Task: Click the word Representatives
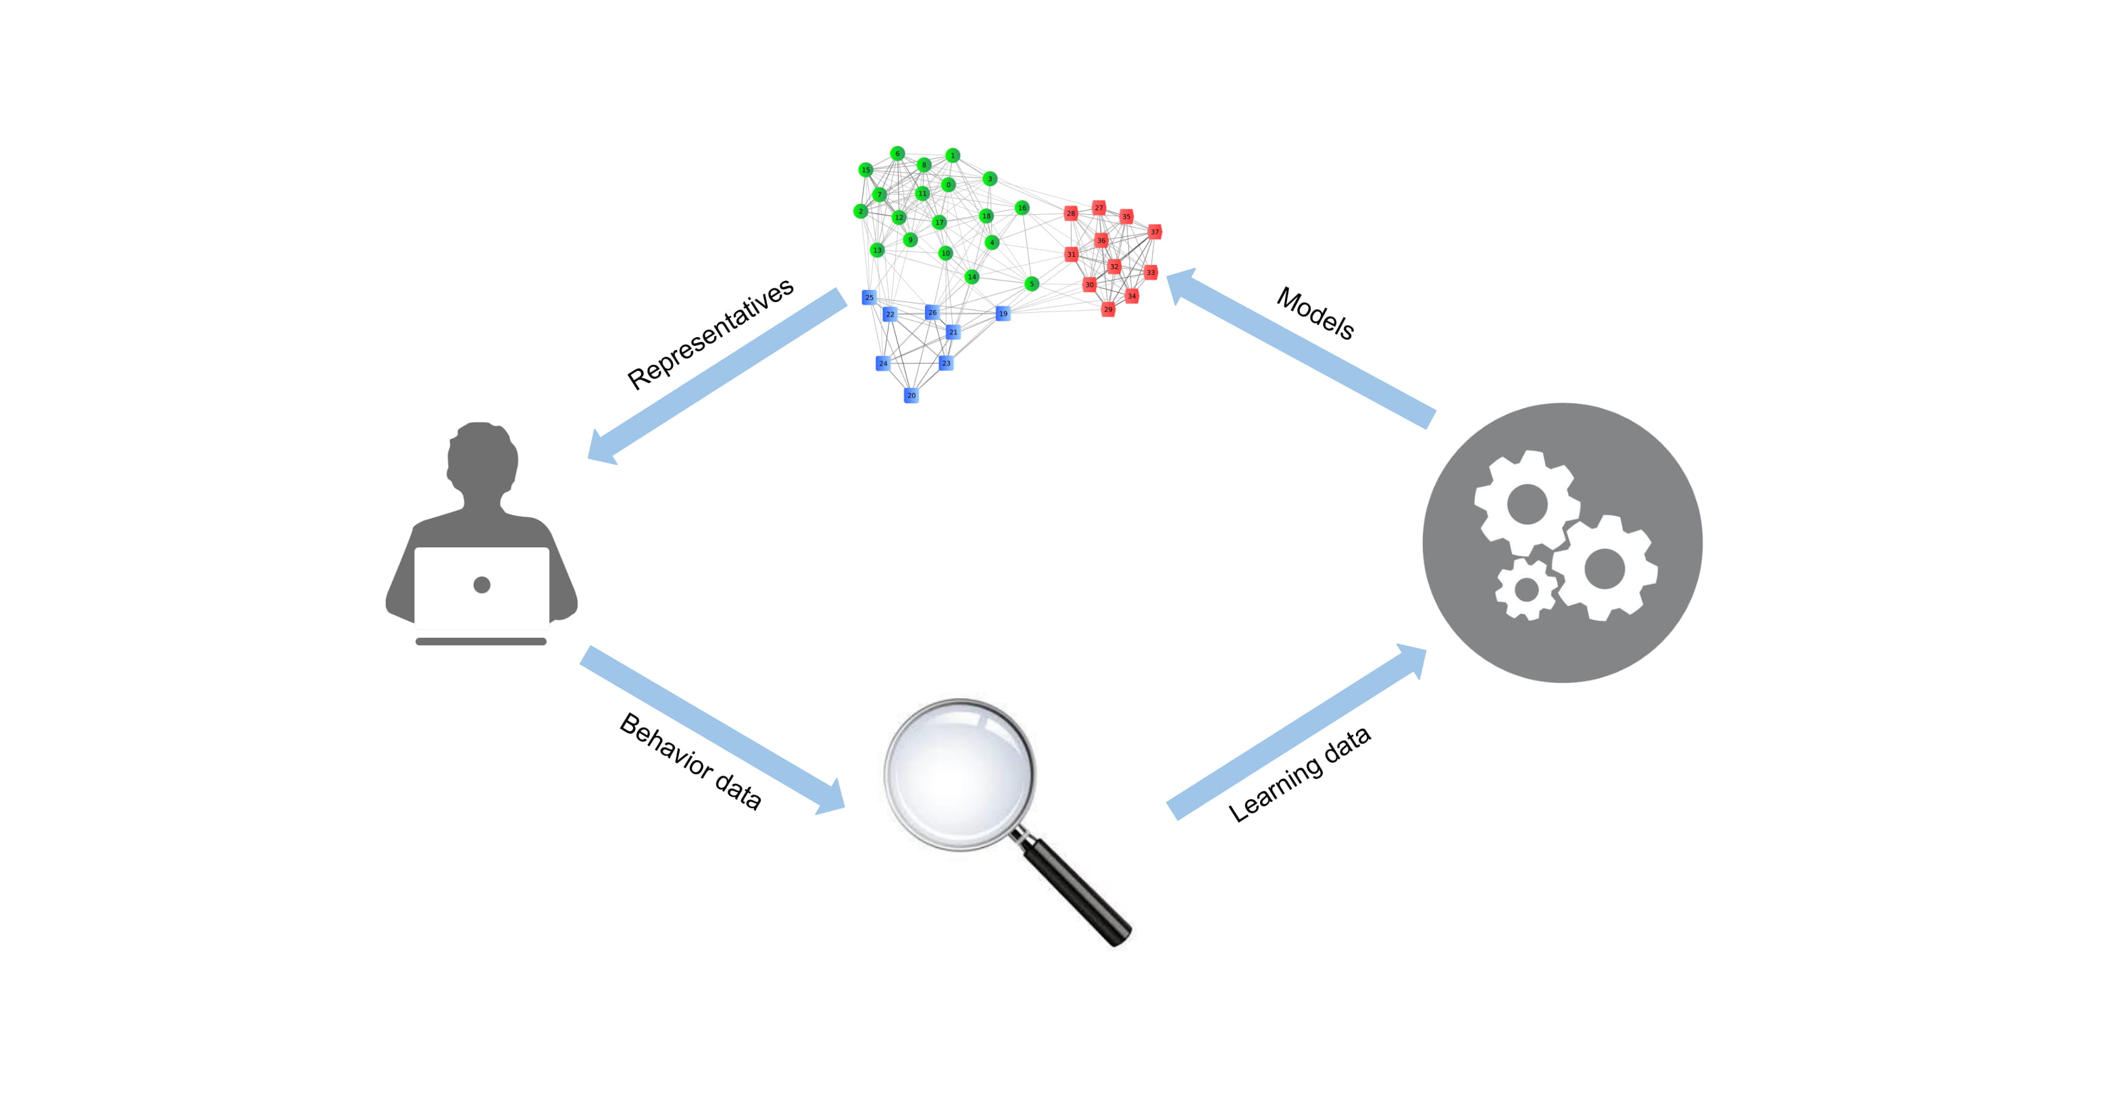pyautogui.click(x=710, y=334)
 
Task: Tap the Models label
pyautogui.click(x=1315, y=313)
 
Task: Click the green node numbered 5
pyautogui.click(x=1031, y=284)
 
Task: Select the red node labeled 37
pyautogui.click(x=1154, y=232)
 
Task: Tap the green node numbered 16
pyautogui.click(x=1022, y=208)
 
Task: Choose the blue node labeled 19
pyautogui.click(x=1003, y=314)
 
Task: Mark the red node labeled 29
pyautogui.click(x=1107, y=309)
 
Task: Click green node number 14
pyautogui.click(x=972, y=277)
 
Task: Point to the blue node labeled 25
pyautogui.click(x=869, y=297)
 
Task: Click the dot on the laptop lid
pyautogui.click(x=482, y=584)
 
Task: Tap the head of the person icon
pyautogui.click(x=482, y=459)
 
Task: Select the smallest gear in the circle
pyautogui.click(x=1525, y=589)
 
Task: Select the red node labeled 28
pyautogui.click(x=1071, y=214)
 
